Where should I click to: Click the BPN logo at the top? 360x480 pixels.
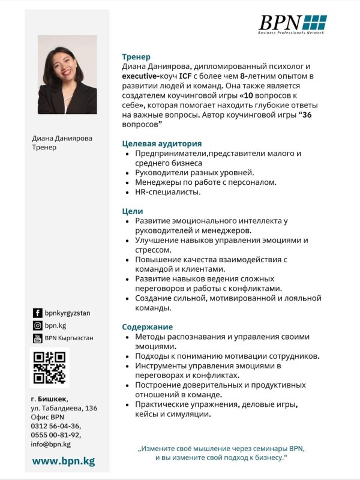(x=292, y=23)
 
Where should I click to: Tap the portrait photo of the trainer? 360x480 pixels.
(x=67, y=74)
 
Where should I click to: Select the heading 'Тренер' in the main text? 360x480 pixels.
(x=136, y=56)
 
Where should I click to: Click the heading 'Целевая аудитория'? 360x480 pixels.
(x=161, y=144)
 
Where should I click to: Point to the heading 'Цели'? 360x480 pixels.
(x=133, y=211)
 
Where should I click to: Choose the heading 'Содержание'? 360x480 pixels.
(x=147, y=327)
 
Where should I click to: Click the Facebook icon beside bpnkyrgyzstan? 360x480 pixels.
(x=37, y=313)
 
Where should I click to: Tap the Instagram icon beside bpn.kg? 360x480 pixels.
(x=37, y=325)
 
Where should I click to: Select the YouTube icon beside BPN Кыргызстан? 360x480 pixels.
(x=37, y=338)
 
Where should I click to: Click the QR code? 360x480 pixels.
(x=49, y=367)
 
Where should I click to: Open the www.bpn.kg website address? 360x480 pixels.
(x=63, y=461)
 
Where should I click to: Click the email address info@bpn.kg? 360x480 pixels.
(x=51, y=444)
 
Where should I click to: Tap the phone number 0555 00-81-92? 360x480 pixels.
(x=55, y=435)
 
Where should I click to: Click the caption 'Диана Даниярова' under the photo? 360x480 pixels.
(x=62, y=138)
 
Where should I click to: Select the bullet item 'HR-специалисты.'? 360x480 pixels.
(x=163, y=192)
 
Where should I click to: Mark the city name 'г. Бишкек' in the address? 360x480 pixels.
(x=49, y=399)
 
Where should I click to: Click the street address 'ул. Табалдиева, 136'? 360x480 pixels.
(x=64, y=408)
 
